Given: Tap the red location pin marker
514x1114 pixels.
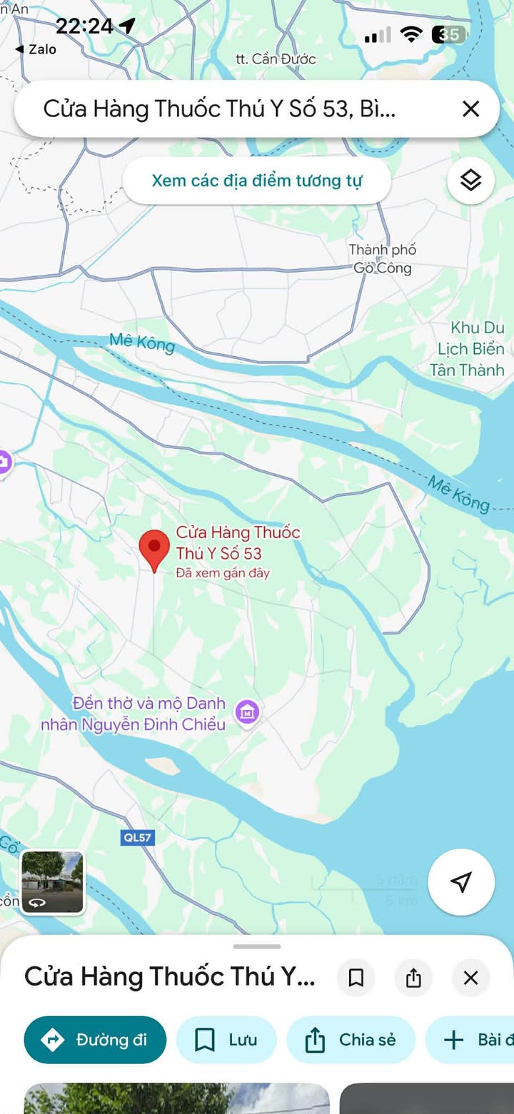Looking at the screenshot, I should (153, 548).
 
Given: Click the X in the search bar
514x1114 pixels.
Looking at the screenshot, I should (470, 109).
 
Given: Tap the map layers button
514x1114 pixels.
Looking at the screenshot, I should (470, 181).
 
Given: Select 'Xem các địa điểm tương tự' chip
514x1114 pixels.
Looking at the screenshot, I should (257, 181).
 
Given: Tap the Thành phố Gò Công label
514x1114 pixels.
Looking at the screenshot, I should (383, 259).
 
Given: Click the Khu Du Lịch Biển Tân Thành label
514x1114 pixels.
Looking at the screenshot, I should (468, 349).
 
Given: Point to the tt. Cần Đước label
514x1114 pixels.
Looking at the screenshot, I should (276, 59).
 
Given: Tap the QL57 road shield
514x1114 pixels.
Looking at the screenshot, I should (137, 837).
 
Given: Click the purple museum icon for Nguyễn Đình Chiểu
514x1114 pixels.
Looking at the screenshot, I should (248, 712).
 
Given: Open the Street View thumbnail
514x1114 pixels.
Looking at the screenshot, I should (52, 882).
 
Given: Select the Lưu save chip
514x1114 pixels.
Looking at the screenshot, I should (226, 1040).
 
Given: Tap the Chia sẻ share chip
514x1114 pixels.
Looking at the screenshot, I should (351, 1040).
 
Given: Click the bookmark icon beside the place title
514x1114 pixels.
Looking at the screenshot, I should (356, 978).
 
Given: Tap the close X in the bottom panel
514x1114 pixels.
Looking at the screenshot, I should (470, 978).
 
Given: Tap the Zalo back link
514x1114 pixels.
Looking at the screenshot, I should (36, 49).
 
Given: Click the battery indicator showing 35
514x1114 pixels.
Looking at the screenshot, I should (449, 34).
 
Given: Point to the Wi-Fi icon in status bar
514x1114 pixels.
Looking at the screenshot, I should (411, 34).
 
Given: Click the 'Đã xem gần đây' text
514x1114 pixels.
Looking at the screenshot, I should (223, 573).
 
